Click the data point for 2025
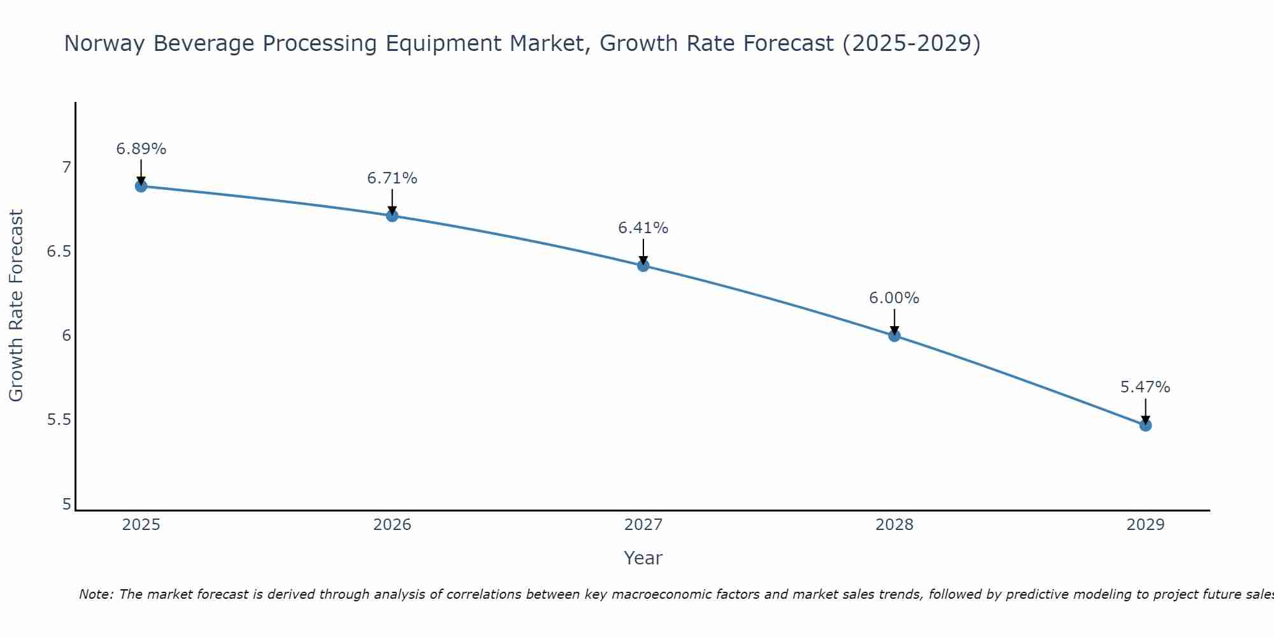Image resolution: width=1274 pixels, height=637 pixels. (x=141, y=186)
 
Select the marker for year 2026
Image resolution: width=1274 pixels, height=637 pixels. (x=392, y=216)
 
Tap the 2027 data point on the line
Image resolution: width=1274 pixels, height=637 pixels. (x=643, y=266)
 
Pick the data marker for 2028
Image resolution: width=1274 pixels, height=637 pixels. (x=894, y=336)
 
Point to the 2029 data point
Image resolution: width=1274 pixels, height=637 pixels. (x=1145, y=425)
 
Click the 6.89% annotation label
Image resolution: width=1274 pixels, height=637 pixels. (x=141, y=149)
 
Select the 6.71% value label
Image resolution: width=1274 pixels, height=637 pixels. (x=392, y=178)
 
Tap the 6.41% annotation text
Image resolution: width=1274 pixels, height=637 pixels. (x=643, y=228)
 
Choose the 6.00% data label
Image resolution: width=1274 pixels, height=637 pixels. (x=894, y=298)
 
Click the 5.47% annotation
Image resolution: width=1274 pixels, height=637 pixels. (x=1145, y=387)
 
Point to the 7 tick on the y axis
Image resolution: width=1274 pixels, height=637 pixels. (x=66, y=168)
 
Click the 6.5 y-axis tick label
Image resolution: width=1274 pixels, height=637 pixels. (x=59, y=252)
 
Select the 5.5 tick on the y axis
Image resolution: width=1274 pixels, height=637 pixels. (x=59, y=420)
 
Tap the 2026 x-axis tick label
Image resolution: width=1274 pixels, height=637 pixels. (x=392, y=525)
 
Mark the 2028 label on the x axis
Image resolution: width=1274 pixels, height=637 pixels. (x=894, y=525)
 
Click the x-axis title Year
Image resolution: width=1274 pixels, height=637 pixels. (x=643, y=558)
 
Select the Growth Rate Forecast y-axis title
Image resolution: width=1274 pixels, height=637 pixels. (x=16, y=306)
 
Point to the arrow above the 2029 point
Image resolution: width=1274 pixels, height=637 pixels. (x=1145, y=411)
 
